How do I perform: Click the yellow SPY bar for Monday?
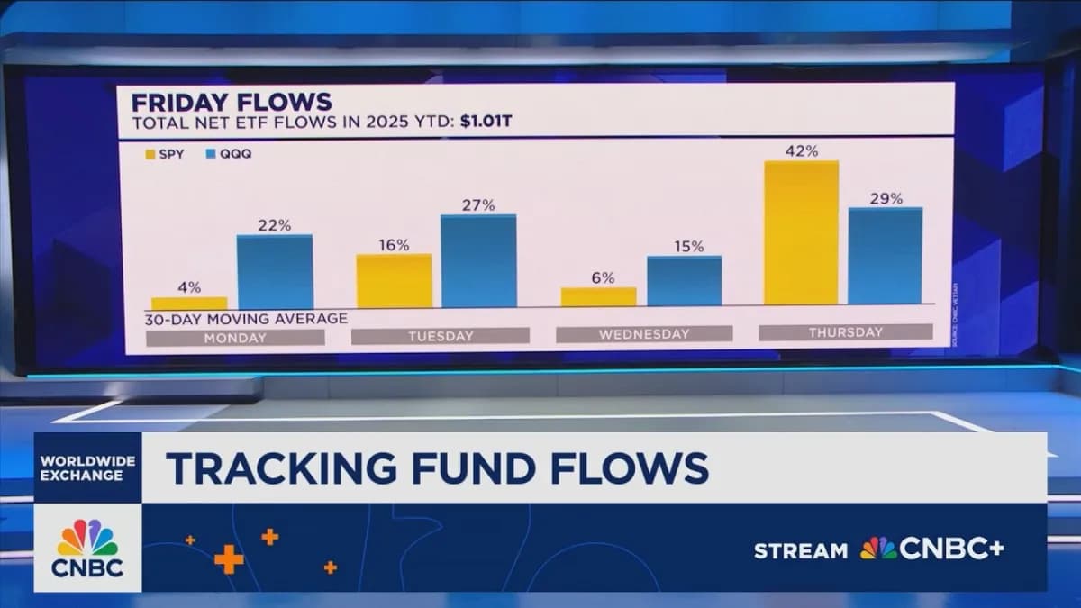[x=189, y=303]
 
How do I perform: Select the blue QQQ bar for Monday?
[x=275, y=271]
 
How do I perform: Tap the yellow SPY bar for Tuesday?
[x=394, y=280]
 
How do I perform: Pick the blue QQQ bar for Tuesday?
[x=479, y=261]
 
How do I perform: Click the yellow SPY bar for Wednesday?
[x=598, y=296]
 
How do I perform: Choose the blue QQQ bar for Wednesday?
[x=684, y=281]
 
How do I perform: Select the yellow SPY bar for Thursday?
[x=801, y=232]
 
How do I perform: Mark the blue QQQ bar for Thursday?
[x=886, y=256]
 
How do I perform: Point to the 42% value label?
[x=801, y=151]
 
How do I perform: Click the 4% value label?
[x=189, y=288]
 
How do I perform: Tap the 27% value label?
[x=479, y=205]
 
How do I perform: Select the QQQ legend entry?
[x=230, y=153]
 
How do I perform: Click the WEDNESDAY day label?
[x=644, y=334]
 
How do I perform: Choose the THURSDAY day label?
[x=845, y=332]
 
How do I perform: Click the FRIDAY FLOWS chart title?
[x=232, y=101]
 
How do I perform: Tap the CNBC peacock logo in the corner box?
[x=87, y=539]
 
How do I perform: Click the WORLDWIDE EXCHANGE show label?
[x=87, y=467]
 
